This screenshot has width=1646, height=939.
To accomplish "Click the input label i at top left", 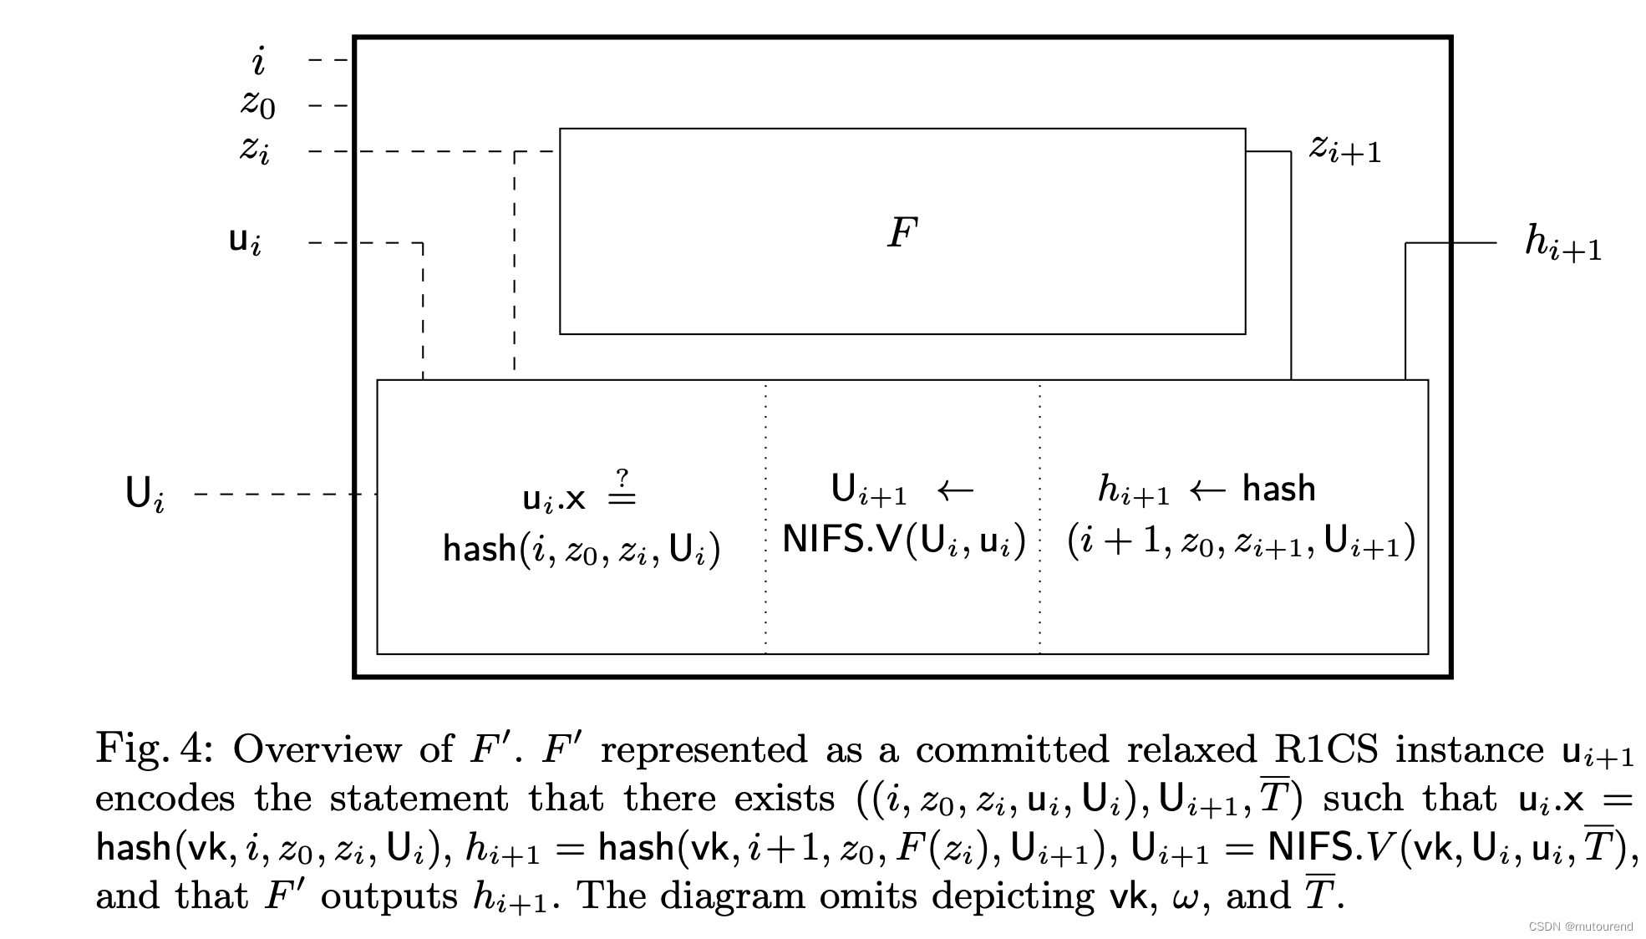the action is click(259, 62).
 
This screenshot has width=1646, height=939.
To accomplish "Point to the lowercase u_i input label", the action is click(245, 241).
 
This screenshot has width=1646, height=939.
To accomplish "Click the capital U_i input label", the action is click(145, 494).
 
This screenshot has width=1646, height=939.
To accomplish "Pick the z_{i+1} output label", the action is click(1344, 150).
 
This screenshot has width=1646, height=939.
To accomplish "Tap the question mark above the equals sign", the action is click(622, 478).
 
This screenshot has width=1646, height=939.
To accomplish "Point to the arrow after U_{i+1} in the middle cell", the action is click(955, 489).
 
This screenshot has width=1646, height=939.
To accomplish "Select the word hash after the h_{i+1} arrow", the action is click(1278, 489).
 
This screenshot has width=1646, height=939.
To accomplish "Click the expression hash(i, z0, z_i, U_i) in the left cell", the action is click(581, 550).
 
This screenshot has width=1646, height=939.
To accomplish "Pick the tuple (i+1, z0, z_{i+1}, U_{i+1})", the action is click(1241, 541).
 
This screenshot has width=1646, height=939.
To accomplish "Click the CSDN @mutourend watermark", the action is click(1580, 926).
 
